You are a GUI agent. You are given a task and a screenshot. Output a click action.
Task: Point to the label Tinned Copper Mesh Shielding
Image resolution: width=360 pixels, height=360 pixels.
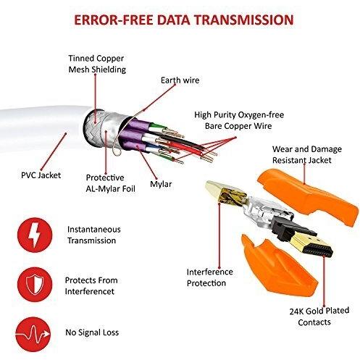pyautogui.click(x=96, y=64)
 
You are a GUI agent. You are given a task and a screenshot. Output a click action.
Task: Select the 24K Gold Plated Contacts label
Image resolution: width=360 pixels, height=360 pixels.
pyautogui.click(x=309, y=317)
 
